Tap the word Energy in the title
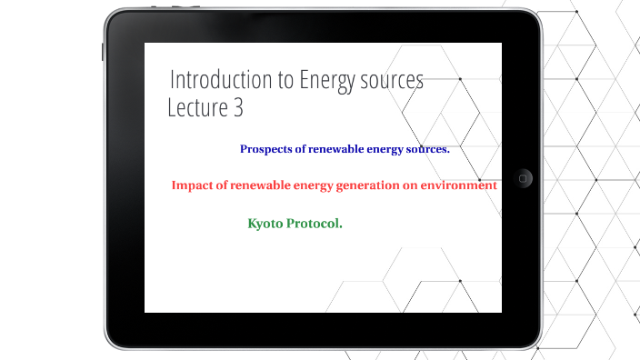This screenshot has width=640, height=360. (x=326, y=80)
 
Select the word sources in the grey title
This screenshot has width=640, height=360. (x=391, y=80)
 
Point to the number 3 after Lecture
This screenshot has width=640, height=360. (x=237, y=108)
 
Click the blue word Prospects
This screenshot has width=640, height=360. (x=266, y=149)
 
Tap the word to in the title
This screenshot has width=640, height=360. (x=285, y=80)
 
